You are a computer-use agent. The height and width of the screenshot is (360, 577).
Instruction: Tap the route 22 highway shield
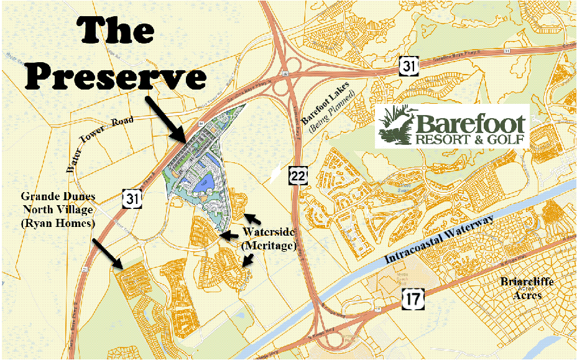[298, 177]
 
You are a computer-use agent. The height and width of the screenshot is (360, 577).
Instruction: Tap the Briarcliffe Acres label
[527, 287]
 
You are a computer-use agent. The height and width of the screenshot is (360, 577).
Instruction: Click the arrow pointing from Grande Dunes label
[106, 252]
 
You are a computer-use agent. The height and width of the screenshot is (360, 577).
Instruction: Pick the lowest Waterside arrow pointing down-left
[246, 261]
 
